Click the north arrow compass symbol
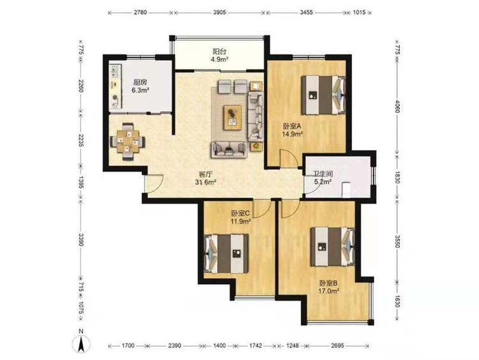(81, 343)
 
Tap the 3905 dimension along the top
(219, 13)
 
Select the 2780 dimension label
(141, 13)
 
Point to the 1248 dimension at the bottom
(293, 345)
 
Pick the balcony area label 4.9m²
(220, 59)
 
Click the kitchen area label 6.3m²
(141, 90)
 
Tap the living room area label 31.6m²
(206, 183)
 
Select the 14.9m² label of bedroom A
(293, 134)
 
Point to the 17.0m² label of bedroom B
(328, 291)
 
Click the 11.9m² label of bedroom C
(241, 221)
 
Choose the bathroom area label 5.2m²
(323, 183)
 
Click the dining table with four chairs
(128, 141)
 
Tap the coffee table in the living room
(232, 117)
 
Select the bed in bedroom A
(324, 95)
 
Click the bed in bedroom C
(226, 254)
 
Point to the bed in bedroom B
(333, 247)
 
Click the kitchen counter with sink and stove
(116, 86)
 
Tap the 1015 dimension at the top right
(359, 13)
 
